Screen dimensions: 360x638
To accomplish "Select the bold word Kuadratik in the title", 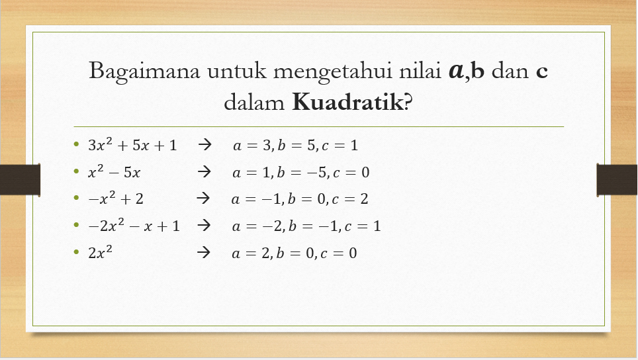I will point(347,103).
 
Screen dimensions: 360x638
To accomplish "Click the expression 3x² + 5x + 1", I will point(133,145).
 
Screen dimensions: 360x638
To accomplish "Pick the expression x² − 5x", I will point(114,173).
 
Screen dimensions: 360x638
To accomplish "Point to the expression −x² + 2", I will point(117,199).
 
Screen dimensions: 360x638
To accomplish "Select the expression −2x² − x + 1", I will point(134,226).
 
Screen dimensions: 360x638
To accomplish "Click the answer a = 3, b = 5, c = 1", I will point(295,146).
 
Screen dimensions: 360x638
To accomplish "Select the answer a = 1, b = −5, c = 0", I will point(300,173).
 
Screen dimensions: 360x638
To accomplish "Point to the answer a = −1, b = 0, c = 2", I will point(300,199).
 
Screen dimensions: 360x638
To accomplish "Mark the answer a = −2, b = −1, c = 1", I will point(306,226).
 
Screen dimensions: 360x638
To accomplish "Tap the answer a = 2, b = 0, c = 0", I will point(295,253).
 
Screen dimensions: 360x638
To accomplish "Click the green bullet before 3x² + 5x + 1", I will point(77,144).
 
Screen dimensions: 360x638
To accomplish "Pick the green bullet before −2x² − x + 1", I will point(77,225).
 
